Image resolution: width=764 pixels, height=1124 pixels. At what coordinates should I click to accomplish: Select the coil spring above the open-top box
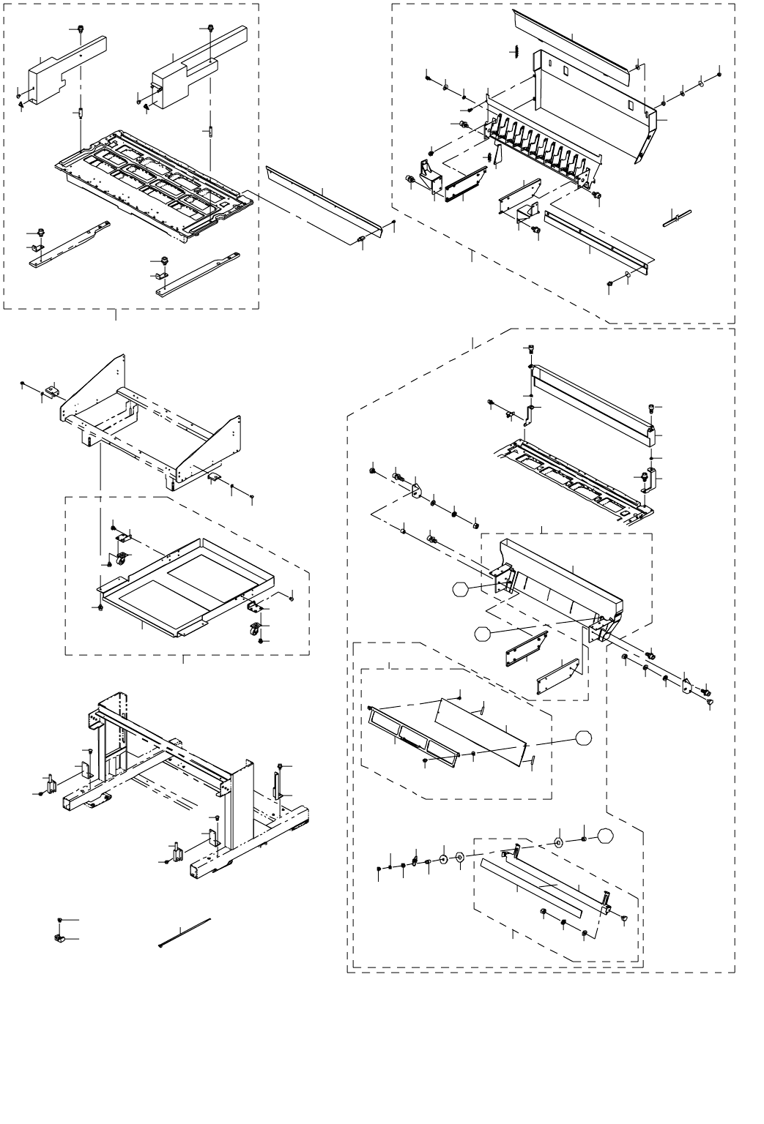click(x=513, y=52)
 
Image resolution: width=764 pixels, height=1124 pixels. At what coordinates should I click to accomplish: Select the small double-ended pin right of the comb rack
click(x=678, y=217)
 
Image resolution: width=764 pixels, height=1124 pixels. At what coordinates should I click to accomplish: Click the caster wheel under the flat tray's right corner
click(x=253, y=628)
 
